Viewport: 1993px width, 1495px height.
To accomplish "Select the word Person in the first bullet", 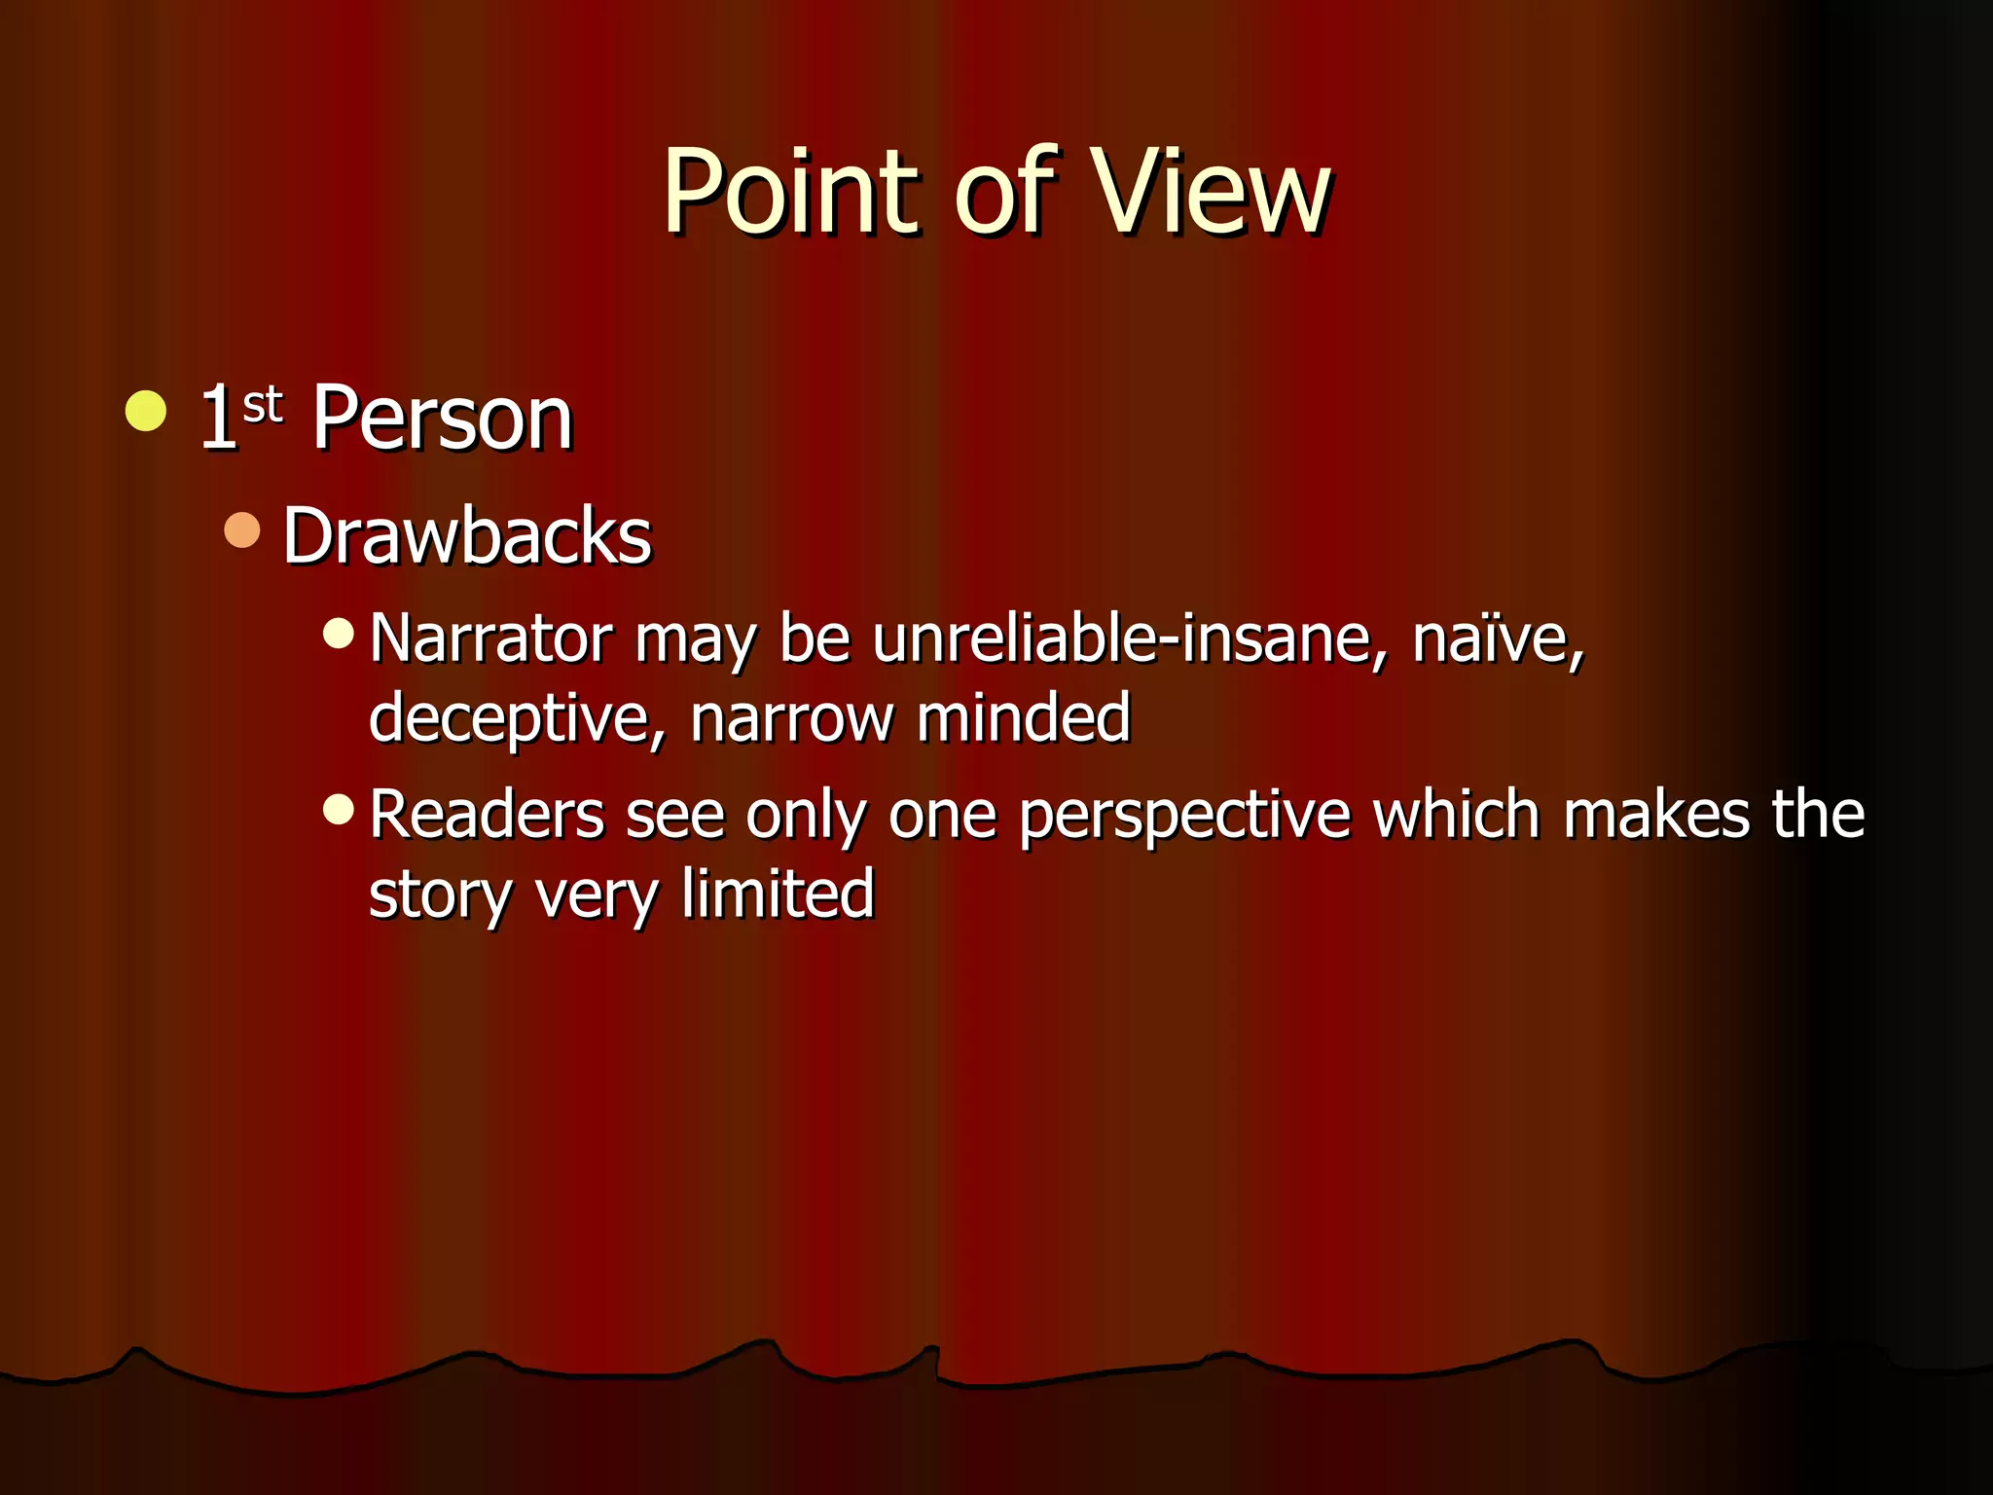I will click(442, 419).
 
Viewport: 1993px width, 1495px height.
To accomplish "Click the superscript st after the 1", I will click(262, 404).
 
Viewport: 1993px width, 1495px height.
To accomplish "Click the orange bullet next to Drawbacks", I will click(242, 530).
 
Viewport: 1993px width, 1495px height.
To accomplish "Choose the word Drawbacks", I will click(467, 536).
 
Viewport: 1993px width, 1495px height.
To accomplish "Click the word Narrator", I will click(491, 639).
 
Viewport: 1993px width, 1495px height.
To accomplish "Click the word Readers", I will click(487, 815).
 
